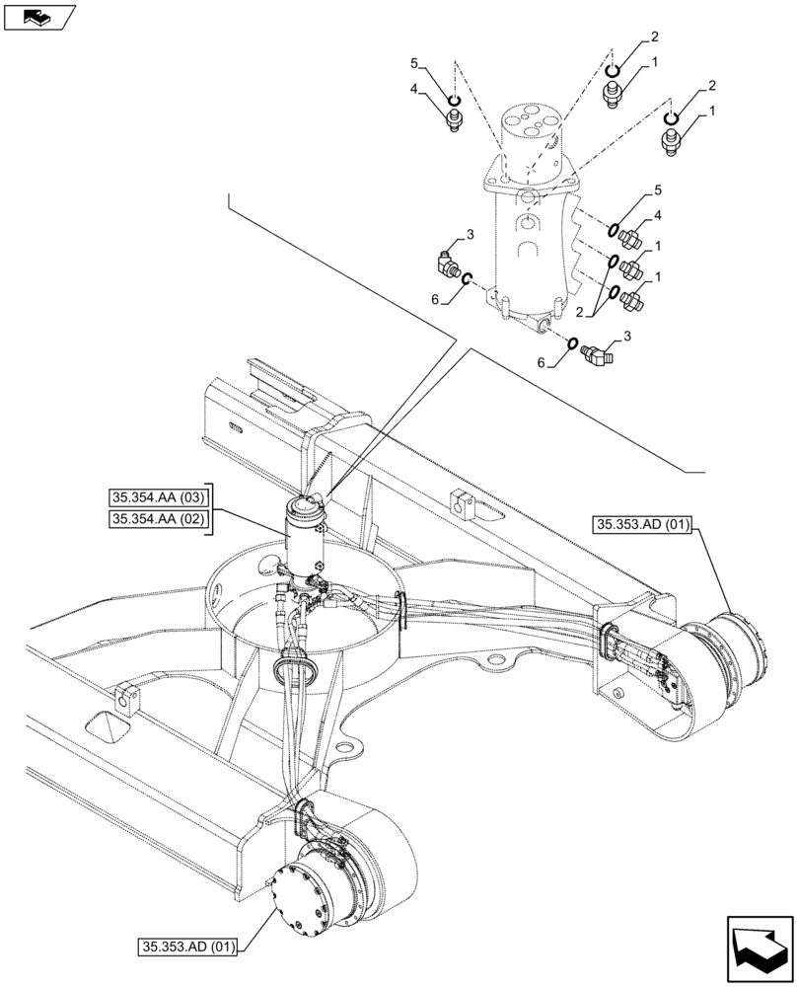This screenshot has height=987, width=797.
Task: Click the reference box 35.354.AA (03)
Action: coord(158,497)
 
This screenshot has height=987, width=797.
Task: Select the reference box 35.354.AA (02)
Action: coord(158,519)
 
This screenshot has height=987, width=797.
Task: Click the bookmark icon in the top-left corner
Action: coord(37,17)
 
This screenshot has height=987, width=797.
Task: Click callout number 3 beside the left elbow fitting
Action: coord(471,234)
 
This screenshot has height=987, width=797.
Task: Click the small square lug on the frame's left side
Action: coord(125,699)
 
